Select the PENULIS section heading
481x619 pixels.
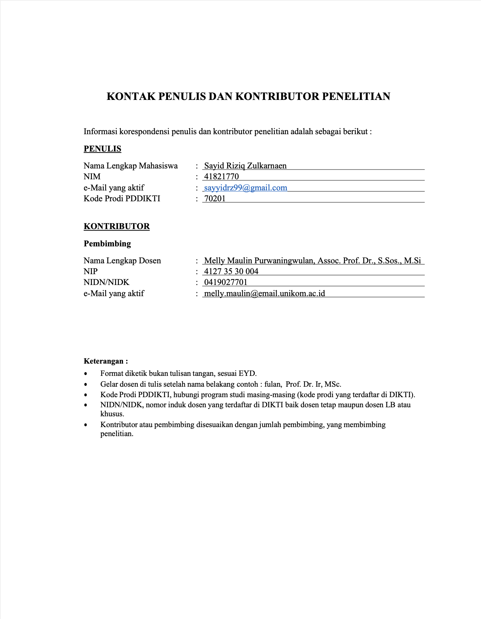coord(102,149)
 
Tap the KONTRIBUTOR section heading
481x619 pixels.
coord(116,226)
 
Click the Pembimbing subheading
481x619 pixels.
coord(107,243)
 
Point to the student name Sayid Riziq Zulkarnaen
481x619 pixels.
coord(245,166)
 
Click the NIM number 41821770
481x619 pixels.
coord(221,177)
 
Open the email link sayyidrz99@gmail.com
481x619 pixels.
coord(246,188)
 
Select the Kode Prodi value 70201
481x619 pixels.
coord(215,199)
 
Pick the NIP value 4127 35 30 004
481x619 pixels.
coord(231,272)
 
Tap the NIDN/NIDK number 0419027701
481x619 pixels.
coord(226,282)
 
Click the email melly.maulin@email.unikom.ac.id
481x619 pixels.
coord(264,294)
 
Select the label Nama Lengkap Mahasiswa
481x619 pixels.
coord(131,166)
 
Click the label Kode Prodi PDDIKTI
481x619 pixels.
coord(122,199)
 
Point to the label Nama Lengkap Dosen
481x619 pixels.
coord(122,261)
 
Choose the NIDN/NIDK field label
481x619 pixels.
coord(106,282)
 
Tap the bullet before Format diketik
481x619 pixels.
coord(85,374)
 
